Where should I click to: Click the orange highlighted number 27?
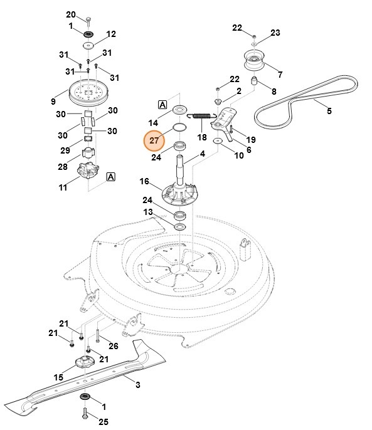(154, 140)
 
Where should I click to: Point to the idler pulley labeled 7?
(253, 60)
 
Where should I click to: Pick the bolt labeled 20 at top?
(88, 21)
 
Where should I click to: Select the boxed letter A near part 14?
(162, 105)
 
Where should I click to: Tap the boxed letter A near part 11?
(110, 177)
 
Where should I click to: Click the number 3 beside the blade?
(138, 385)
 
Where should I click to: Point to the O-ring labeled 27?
(179, 127)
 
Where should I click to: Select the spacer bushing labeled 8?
(254, 81)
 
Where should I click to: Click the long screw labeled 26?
(97, 336)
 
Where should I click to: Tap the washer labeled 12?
(88, 45)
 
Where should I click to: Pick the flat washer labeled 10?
(218, 141)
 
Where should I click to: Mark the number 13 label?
(148, 212)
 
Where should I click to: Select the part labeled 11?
(88, 170)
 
